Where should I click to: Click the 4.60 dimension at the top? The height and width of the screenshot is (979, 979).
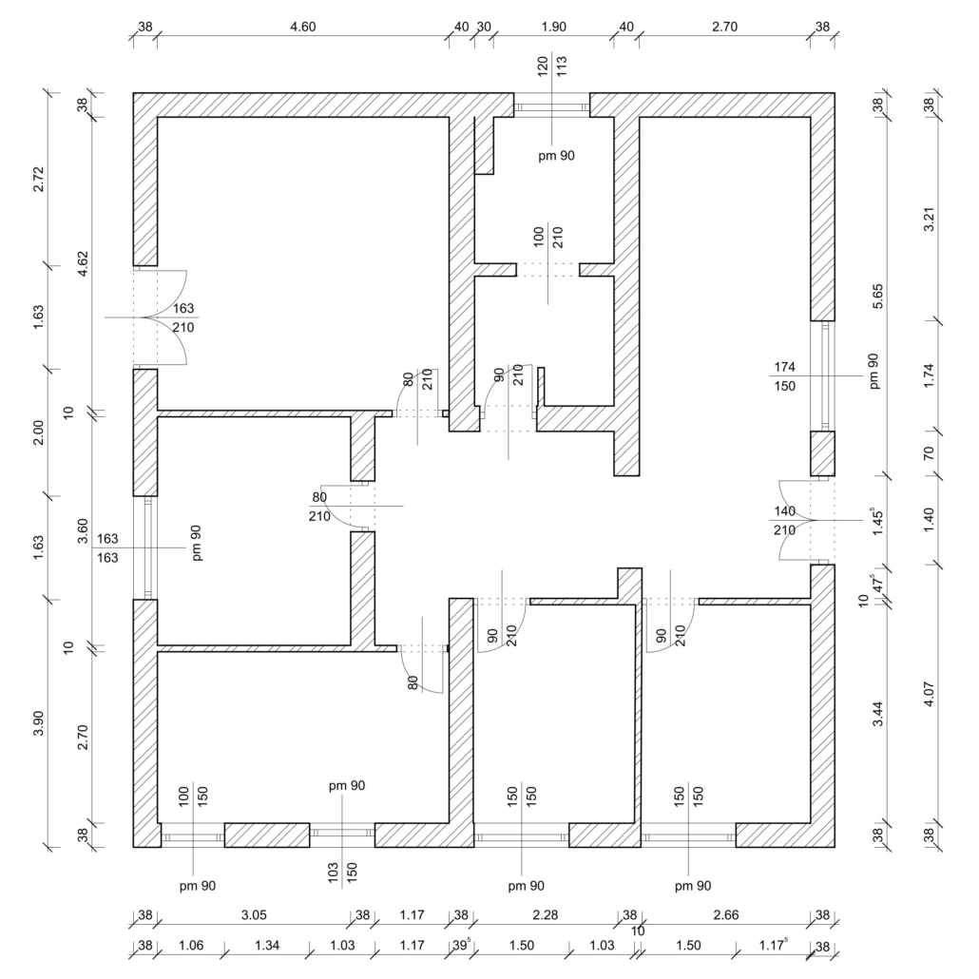(303, 27)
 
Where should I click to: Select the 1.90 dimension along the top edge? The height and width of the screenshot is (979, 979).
(554, 27)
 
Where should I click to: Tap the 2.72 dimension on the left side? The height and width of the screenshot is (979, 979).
(39, 180)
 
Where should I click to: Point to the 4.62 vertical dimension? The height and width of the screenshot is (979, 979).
(83, 263)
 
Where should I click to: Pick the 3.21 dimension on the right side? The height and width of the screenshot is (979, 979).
(930, 220)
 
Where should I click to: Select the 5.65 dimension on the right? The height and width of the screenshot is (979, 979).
(878, 297)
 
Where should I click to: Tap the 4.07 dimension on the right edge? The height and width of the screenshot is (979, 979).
(930, 694)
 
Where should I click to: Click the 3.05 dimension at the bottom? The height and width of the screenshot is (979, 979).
(254, 915)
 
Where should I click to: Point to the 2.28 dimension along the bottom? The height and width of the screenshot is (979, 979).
(545, 915)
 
